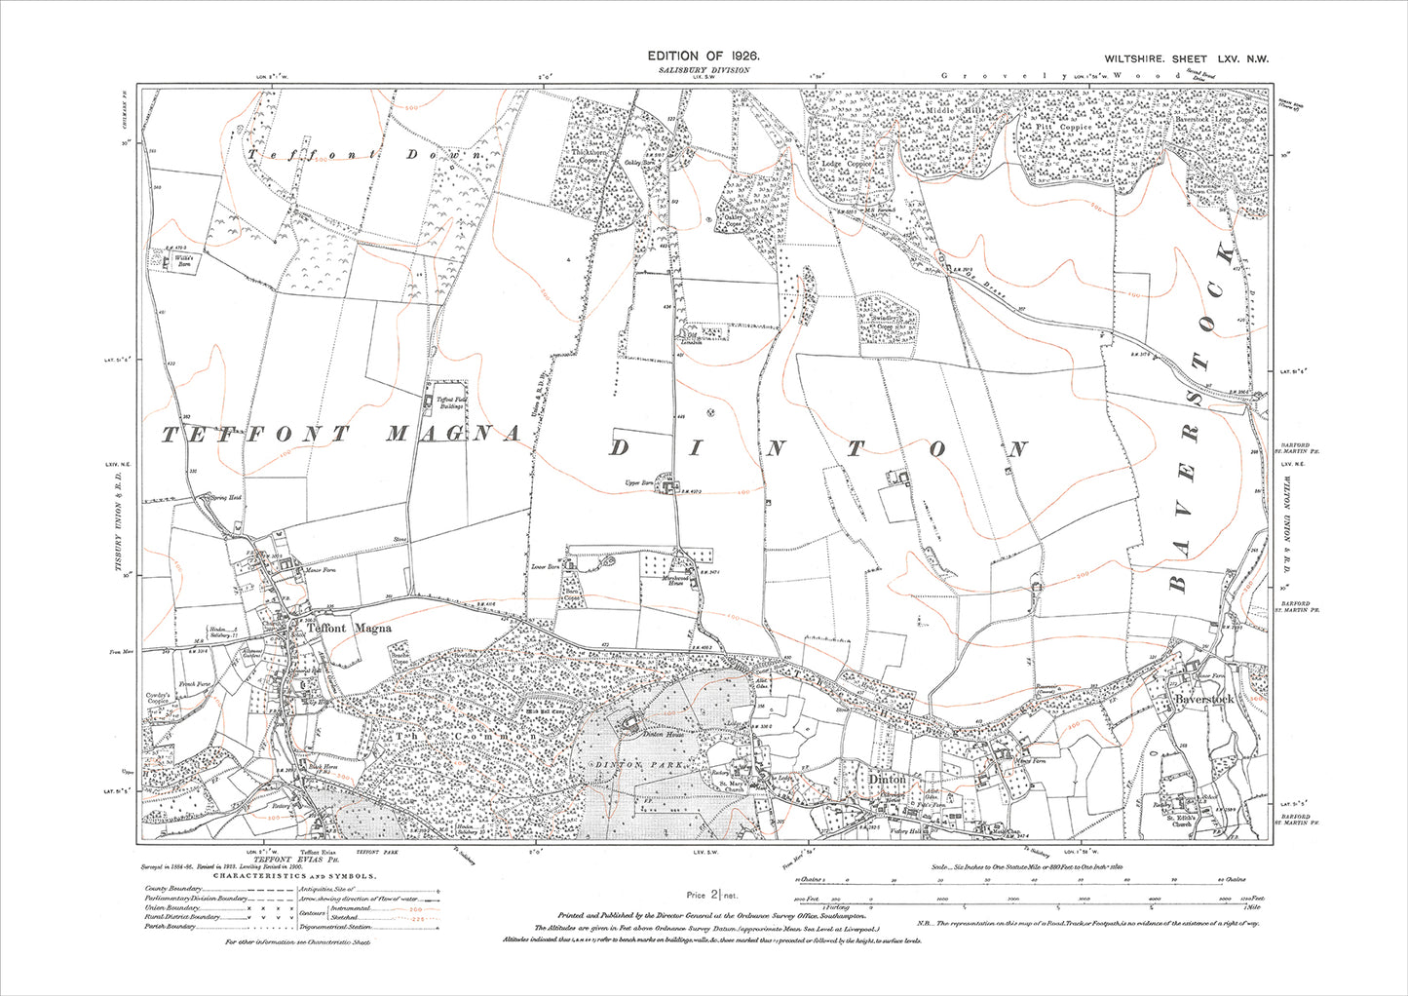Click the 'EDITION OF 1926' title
coord(704,58)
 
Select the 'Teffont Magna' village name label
coord(349,629)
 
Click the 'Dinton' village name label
coord(888,780)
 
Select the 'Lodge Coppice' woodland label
coord(846,164)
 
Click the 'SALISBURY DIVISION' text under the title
coord(704,71)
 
